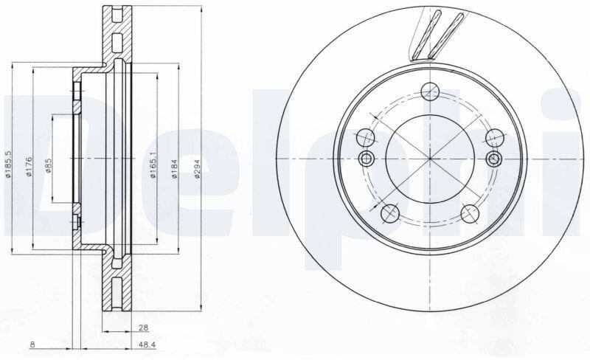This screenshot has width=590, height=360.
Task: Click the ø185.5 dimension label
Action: point(8,164)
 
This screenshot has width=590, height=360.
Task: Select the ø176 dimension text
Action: point(29,167)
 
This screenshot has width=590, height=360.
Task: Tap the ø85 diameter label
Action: point(49,165)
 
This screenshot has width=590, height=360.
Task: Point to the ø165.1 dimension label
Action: point(153,165)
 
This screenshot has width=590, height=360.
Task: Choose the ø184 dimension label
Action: point(175,167)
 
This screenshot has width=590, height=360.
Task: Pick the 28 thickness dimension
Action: point(143,328)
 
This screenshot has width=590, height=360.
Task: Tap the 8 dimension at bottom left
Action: point(32,345)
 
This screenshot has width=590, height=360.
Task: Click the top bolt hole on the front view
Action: point(430,91)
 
